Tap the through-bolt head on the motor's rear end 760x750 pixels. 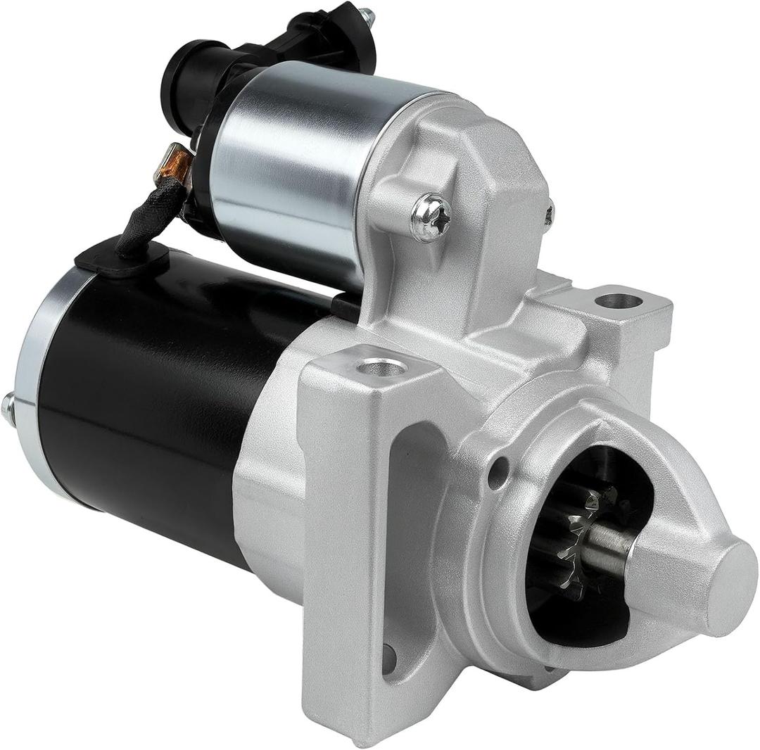pyautogui.click(x=8, y=407)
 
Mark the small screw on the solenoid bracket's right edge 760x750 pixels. pyautogui.click(x=549, y=212)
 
